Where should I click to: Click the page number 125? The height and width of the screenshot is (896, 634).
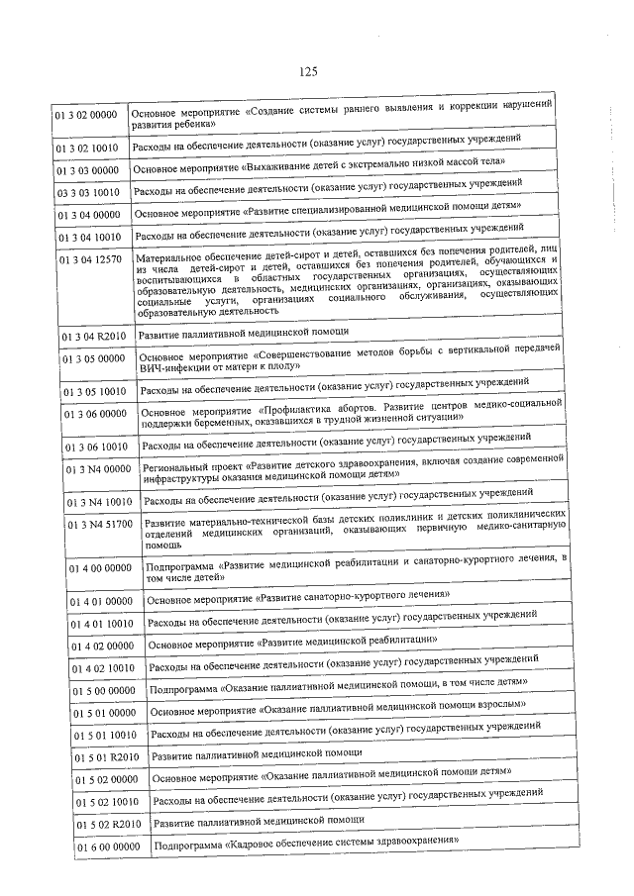pos(307,71)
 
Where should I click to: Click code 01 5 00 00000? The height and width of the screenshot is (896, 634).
pos(104,690)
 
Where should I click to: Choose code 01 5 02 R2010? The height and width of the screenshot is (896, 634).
pos(107,825)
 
